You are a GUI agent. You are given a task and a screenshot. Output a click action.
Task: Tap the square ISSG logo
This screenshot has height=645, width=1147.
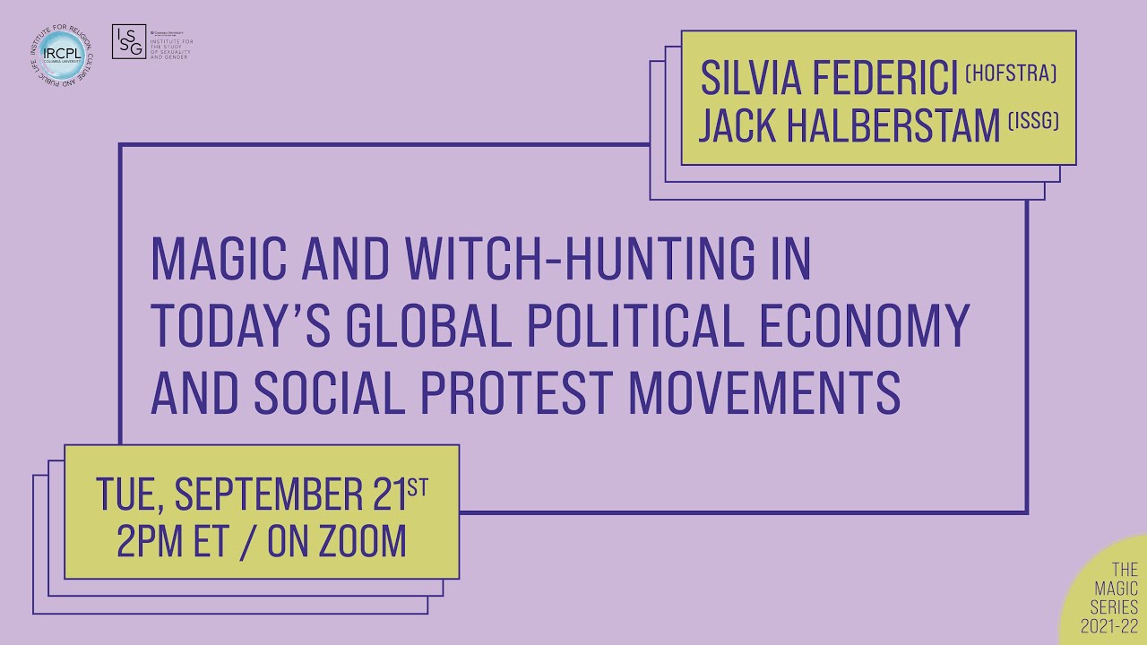pos(128,42)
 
